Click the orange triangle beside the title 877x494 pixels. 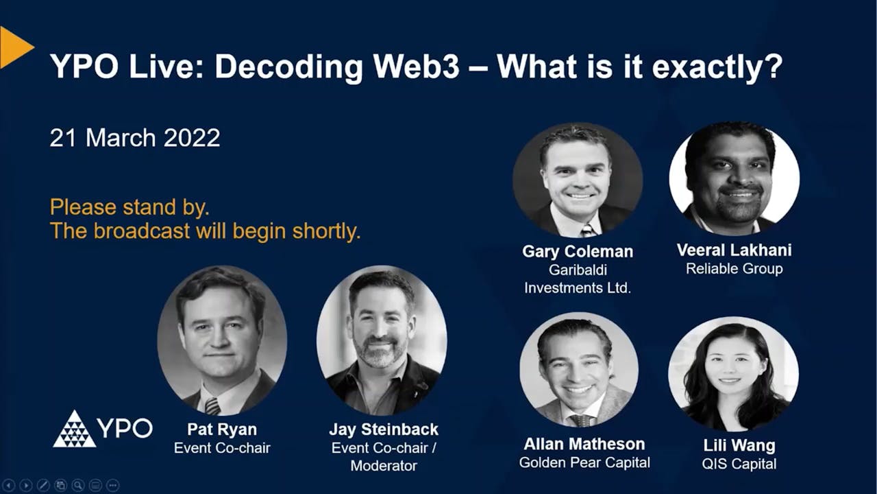coord(14,47)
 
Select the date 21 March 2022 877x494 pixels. coord(135,138)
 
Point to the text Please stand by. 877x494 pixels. coord(129,207)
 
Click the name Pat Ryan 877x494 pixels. coord(221,430)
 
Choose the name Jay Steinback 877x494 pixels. coord(384,430)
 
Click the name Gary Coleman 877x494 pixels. coord(578,252)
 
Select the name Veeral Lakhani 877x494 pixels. coord(734,250)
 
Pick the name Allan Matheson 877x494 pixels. coord(584,444)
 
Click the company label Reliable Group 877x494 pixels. coord(734,268)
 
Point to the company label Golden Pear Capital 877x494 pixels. coord(584,463)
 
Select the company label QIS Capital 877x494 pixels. coord(739,464)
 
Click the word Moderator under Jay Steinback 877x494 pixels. coord(384,466)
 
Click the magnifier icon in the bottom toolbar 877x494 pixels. coord(78,485)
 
